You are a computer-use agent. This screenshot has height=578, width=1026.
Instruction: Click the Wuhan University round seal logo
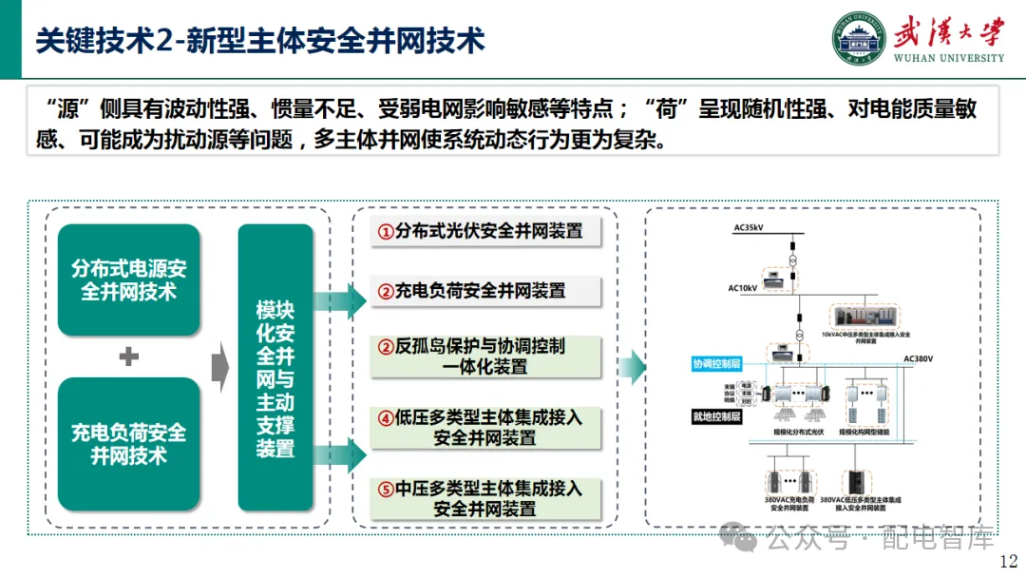point(859,38)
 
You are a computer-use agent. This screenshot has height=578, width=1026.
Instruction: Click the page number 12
point(1008,561)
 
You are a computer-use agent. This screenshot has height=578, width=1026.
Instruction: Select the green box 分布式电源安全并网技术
point(129,280)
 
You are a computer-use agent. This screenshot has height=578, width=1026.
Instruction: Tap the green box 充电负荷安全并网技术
point(129,444)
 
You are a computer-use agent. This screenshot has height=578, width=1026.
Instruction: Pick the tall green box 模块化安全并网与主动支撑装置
point(275,379)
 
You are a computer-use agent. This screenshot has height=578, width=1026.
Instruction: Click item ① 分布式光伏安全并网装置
point(480,231)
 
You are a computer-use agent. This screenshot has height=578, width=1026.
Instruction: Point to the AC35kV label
point(749,229)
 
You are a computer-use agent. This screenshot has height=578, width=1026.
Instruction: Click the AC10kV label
point(743,287)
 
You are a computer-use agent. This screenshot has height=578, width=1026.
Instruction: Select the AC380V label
point(919,359)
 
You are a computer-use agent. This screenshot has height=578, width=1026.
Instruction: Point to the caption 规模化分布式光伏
point(799,433)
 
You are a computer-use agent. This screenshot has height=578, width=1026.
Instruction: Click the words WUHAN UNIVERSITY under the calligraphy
point(948,58)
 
